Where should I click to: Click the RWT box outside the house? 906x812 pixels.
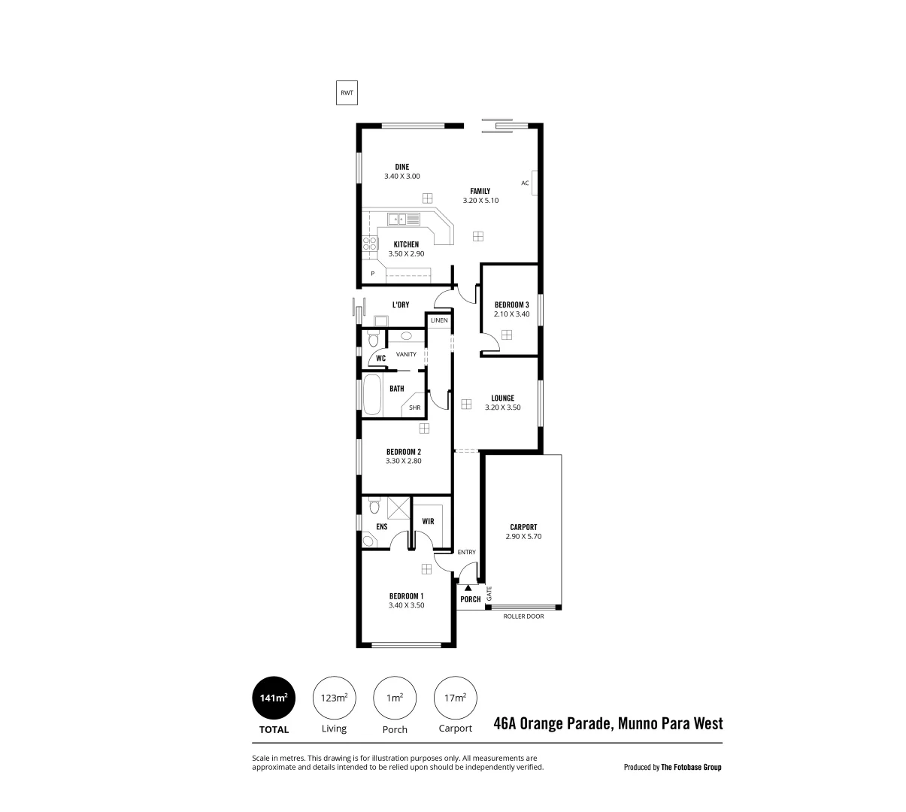click(x=347, y=93)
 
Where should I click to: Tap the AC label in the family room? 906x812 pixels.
click(x=525, y=183)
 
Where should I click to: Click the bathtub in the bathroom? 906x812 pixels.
click(x=372, y=396)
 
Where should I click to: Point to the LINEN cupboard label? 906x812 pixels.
click(x=439, y=320)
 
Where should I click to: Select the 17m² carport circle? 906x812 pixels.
click(x=456, y=698)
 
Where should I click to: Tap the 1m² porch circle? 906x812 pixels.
click(x=395, y=698)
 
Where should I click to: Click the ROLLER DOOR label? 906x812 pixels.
click(x=523, y=617)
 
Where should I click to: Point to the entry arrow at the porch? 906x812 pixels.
click(x=468, y=588)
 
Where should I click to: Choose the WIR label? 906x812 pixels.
click(x=428, y=521)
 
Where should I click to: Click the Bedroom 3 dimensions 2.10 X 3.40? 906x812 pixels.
click(x=512, y=314)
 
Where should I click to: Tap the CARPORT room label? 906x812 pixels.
click(x=523, y=527)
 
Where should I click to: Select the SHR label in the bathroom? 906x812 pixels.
click(x=414, y=408)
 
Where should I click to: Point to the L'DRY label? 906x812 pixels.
click(x=400, y=304)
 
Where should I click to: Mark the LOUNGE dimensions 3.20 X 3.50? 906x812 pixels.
click(x=503, y=408)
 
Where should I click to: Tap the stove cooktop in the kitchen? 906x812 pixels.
click(x=370, y=243)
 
